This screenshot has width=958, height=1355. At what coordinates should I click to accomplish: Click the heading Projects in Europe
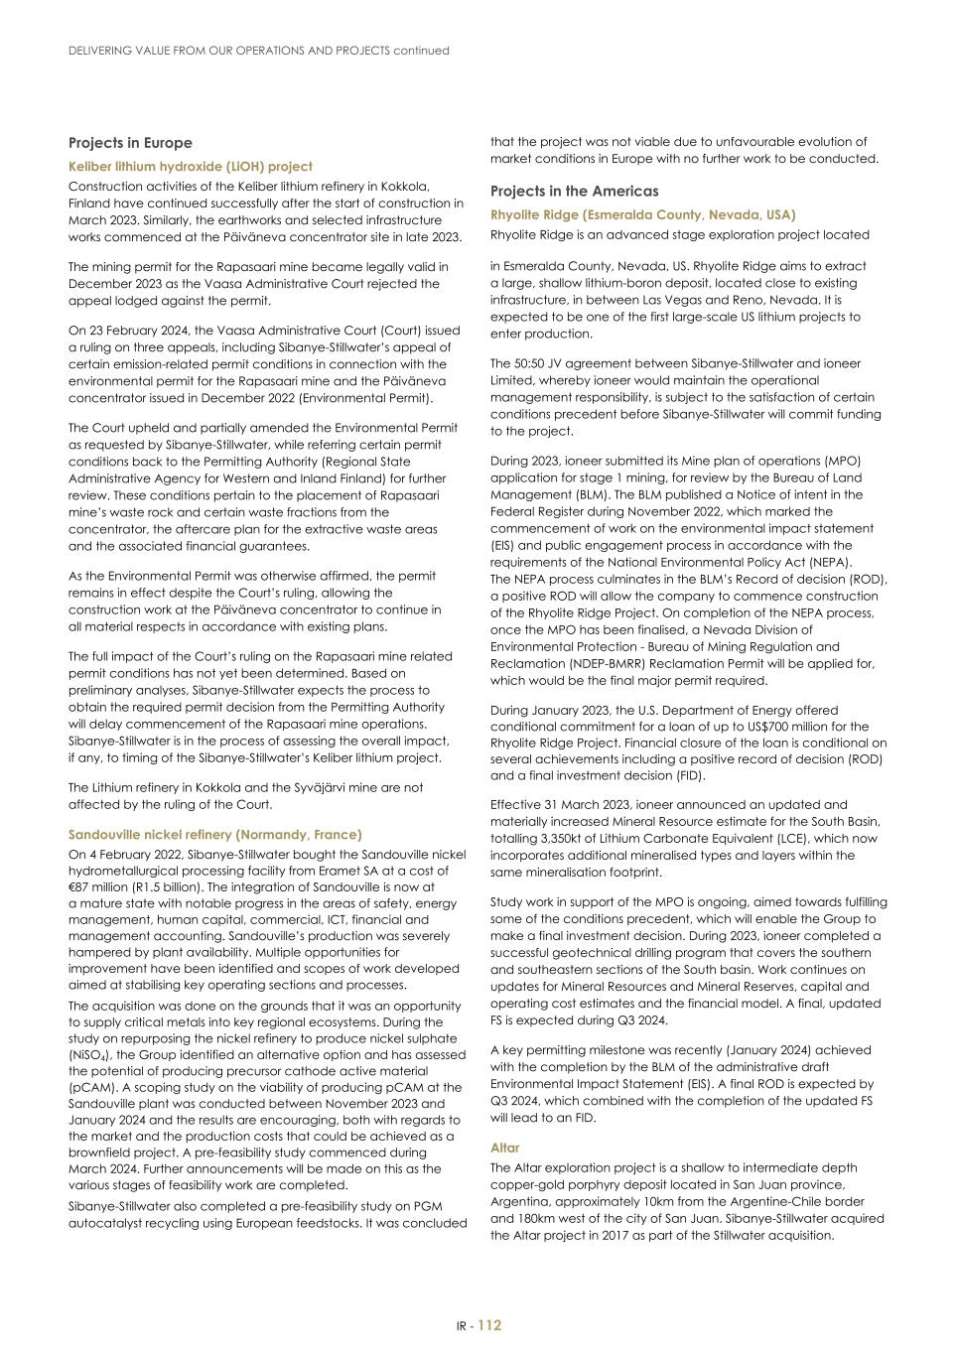(x=130, y=143)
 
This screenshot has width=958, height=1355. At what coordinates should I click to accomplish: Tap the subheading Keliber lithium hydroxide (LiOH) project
(x=190, y=167)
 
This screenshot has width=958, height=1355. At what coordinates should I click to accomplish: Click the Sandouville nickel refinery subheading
(x=214, y=835)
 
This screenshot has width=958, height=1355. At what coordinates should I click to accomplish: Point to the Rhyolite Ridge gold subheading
(x=642, y=214)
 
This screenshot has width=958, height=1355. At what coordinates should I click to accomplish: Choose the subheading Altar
(x=504, y=1148)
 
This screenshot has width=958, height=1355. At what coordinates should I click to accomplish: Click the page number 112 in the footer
(x=490, y=1325)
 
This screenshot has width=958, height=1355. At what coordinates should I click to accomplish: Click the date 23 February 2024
(x=131, y=331)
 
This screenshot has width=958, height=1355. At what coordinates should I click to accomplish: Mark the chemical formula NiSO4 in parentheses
(x=90, y=1054)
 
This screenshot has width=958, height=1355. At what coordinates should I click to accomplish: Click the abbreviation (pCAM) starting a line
(x=90, y=1088)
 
